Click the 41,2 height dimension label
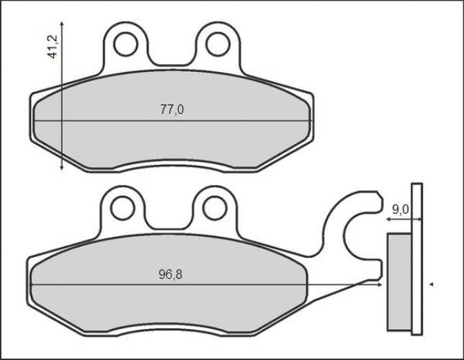53,47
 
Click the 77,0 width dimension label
172,109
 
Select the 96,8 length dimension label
171,274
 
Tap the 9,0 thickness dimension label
400,210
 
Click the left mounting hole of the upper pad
126,45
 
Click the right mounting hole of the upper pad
218,45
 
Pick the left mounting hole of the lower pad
122,207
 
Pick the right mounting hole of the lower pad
215,207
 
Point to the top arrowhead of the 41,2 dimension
61,24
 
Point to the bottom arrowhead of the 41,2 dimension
61,168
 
